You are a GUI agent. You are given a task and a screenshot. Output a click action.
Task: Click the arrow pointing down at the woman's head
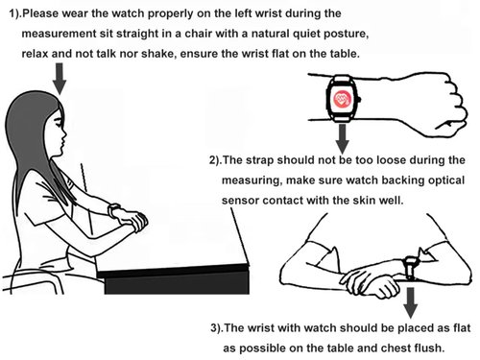[60, 79]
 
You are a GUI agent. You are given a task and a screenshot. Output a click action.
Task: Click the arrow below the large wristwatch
[343, 138]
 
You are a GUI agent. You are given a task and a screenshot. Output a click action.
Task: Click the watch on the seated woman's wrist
[113, 210]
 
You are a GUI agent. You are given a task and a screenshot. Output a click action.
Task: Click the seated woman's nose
[64, 132]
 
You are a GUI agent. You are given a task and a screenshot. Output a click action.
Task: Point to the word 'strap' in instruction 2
[259, 160]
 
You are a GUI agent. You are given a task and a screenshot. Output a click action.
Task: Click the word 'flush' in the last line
[429, 348]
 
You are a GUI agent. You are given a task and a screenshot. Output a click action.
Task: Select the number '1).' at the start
[15, 13]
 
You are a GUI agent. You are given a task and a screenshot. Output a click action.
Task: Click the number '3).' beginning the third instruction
[218, 328]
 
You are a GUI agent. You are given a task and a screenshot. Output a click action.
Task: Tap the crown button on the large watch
[360, 99]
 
